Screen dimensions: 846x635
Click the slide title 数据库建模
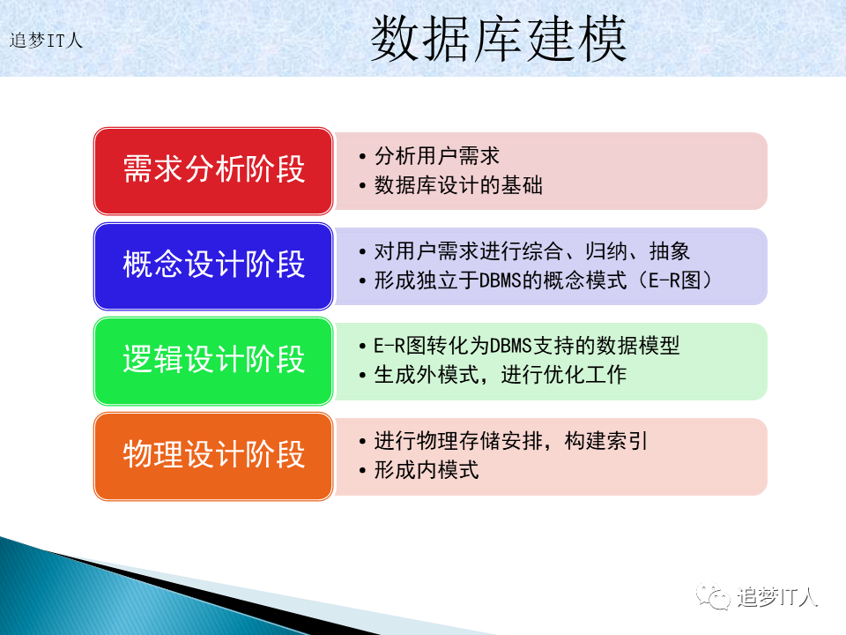click(x=498, y=39)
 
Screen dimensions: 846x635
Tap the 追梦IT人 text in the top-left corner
click(x=46, y=41)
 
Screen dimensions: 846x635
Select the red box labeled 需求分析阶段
click(x=213, y=170)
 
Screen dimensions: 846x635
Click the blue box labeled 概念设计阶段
click(x=213, y=266)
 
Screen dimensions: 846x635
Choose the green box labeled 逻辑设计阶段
click(x=213, y=362)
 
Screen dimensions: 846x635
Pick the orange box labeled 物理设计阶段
click(x=213, y=456)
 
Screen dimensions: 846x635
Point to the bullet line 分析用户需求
click(x=437, y=156)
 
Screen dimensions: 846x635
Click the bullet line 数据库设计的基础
click(x=458, y=185)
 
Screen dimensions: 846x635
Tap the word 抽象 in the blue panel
click(x=670, y=251)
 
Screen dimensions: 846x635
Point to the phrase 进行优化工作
click(x=564, y=375)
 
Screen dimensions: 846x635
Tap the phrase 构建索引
click(x=606, y=441)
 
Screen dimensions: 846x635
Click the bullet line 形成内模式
click(x=427, y=470)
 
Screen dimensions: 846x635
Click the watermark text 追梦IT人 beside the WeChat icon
click(x=777, y=597)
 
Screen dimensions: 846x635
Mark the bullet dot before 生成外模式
click(x=362, y=376)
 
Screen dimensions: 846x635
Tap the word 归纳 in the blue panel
click(x=606, y=251)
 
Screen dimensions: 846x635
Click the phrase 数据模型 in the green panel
click(x=638, y=346)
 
